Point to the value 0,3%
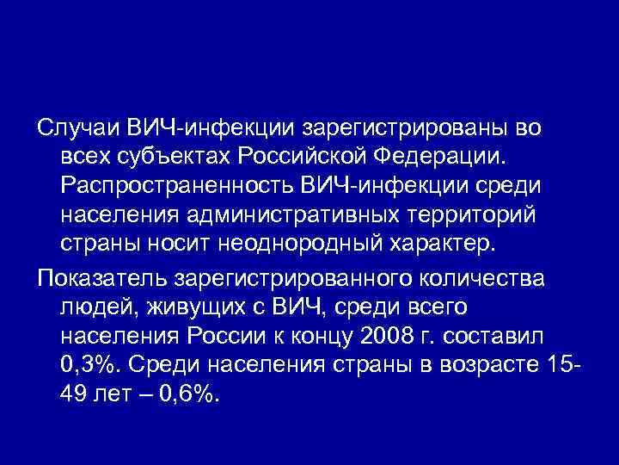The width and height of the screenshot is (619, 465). coord(90,364)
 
